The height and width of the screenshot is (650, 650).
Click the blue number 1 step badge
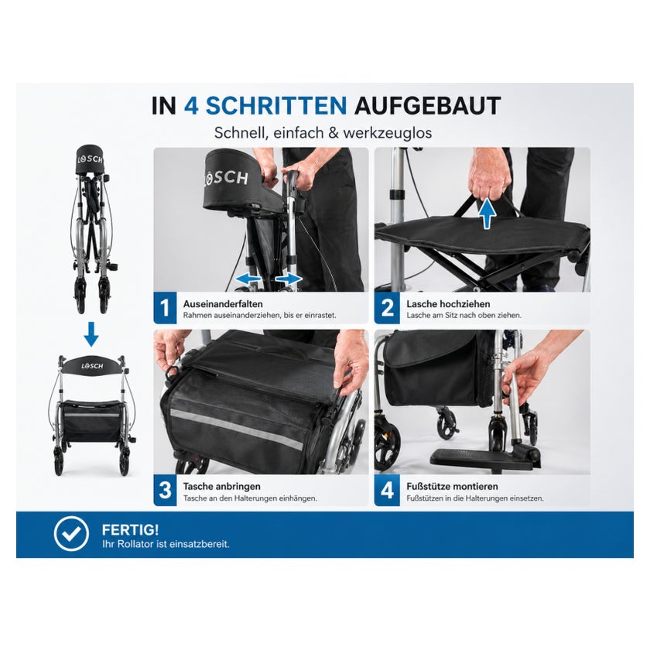click(x=165, y=308)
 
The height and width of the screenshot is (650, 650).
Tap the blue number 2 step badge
click(x=387, y=308)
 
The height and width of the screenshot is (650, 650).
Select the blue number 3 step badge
click(x=165, y=490)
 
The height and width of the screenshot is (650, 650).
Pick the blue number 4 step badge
click(x=387, y=490)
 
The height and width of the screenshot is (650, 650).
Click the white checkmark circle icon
click(x=71, y=534)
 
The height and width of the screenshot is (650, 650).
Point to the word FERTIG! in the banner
click(x=130, y=530)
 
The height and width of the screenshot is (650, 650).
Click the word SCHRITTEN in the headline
click(x=276, y=106)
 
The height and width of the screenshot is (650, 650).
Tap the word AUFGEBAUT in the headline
click(x=427, y=106)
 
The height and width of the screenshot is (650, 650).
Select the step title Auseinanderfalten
click(x=223, y=304)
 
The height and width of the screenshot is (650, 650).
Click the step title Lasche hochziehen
click(x=448, y=304)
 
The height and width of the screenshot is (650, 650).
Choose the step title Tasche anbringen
click(x=222, y=486)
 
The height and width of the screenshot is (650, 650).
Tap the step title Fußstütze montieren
click(x=452, y=486)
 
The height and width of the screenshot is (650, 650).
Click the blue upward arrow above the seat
click(x=487, y=212)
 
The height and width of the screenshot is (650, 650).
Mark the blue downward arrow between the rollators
click(x=91, y=334)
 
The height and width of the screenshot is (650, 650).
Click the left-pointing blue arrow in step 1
click(x=248, y=279)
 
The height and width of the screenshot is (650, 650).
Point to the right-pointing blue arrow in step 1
click(x=289, y=279)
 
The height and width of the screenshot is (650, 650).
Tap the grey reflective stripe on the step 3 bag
click(x=237, y=429)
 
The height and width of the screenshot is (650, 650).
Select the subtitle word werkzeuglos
click(x=388, y=133)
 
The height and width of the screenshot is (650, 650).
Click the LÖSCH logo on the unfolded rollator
click(x=92, y=366)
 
